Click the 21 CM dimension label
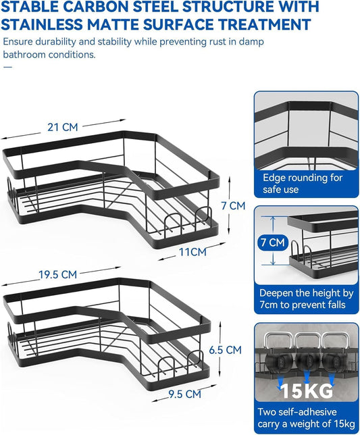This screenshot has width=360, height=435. [x=63, y=127]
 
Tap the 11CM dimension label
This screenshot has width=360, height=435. [x=192, y=252]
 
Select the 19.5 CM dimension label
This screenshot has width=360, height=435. [x=57, y=274]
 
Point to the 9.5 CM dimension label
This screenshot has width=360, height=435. [x=184, y=394]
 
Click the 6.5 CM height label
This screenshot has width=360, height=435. [x=225, y=350]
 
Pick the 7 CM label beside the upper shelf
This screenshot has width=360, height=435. [x=233, y=206]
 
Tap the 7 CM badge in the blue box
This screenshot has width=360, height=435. [x=273, y=242]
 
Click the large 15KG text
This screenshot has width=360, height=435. [x=306, y=390]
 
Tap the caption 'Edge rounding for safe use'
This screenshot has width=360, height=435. [x=303, y=183]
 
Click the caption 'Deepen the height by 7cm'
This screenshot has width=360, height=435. [x=307, y=299]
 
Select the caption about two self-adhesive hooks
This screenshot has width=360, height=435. [x=306, y=418]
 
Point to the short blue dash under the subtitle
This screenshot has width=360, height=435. [x=7, y=67]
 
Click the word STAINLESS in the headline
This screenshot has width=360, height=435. [x=42, y=24]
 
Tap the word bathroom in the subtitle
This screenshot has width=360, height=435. [x=24, y=55]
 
